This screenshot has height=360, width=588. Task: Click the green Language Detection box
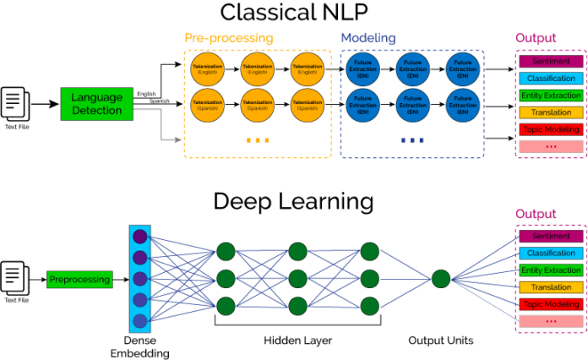pyautogui.click(x=96, y=104)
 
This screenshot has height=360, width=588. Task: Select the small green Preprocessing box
pyautogui.click(x=79, y=280)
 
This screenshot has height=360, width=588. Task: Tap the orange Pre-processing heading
pyautogui.click(x=228, y=38)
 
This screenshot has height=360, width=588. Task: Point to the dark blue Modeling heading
pyautogui.click(x=367, y=38)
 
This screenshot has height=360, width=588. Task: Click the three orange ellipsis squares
pyautogui.click(x=259, y=140)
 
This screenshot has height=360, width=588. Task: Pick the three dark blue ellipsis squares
pyautogui.click(x=414, y=140)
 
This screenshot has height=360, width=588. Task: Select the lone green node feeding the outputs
pyautogui.click(x=441, y=279)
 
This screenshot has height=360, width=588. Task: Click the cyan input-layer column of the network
pyautogui.click(x=140, y=278)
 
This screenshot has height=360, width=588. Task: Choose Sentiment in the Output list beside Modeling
pyautogui.click(x=551, y=62)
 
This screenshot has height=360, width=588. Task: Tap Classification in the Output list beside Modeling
pyautogui.click(x=551, y=79)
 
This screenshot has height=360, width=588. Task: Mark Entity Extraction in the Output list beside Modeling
pyautogui.click(x=551, y=95)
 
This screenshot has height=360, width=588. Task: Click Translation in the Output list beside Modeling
pyautogui.click(x=551, y=112)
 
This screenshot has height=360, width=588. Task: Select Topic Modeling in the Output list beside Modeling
pyautogui.click(x=551, y=129)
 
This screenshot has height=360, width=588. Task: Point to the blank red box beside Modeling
pyautogui.click(x=551, y=146)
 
